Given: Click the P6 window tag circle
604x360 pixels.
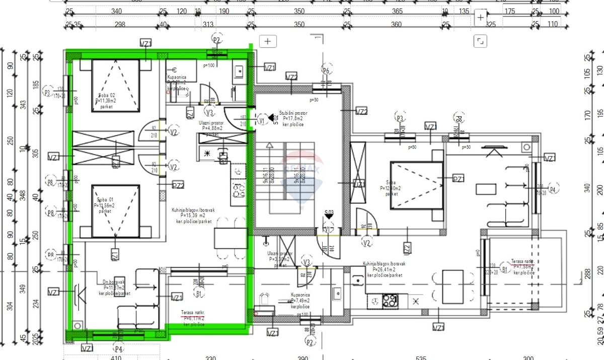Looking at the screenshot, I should coord(326,71).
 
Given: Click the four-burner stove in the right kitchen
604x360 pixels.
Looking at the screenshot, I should coord(389,301).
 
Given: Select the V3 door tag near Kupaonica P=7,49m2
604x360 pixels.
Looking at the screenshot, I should coord(307,263).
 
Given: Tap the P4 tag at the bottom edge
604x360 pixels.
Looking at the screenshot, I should coord(119,348).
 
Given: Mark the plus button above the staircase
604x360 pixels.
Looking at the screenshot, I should coord(268,41).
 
